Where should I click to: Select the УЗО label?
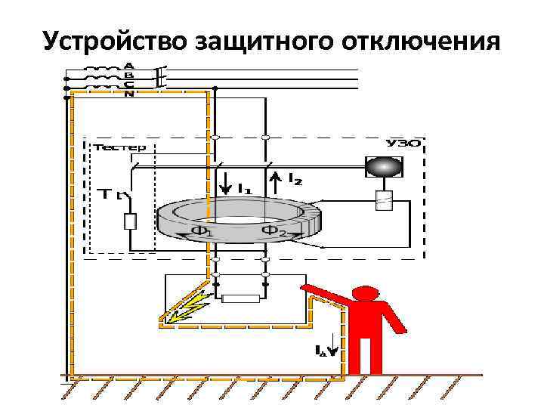click(403, 144)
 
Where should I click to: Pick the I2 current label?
click(295, 179)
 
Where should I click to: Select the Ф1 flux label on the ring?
click(202, 232)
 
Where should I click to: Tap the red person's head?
click(368, 295)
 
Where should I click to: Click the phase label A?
click(129, 65)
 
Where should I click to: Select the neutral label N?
click(129, 94)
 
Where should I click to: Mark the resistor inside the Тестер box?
click(130, 221)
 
